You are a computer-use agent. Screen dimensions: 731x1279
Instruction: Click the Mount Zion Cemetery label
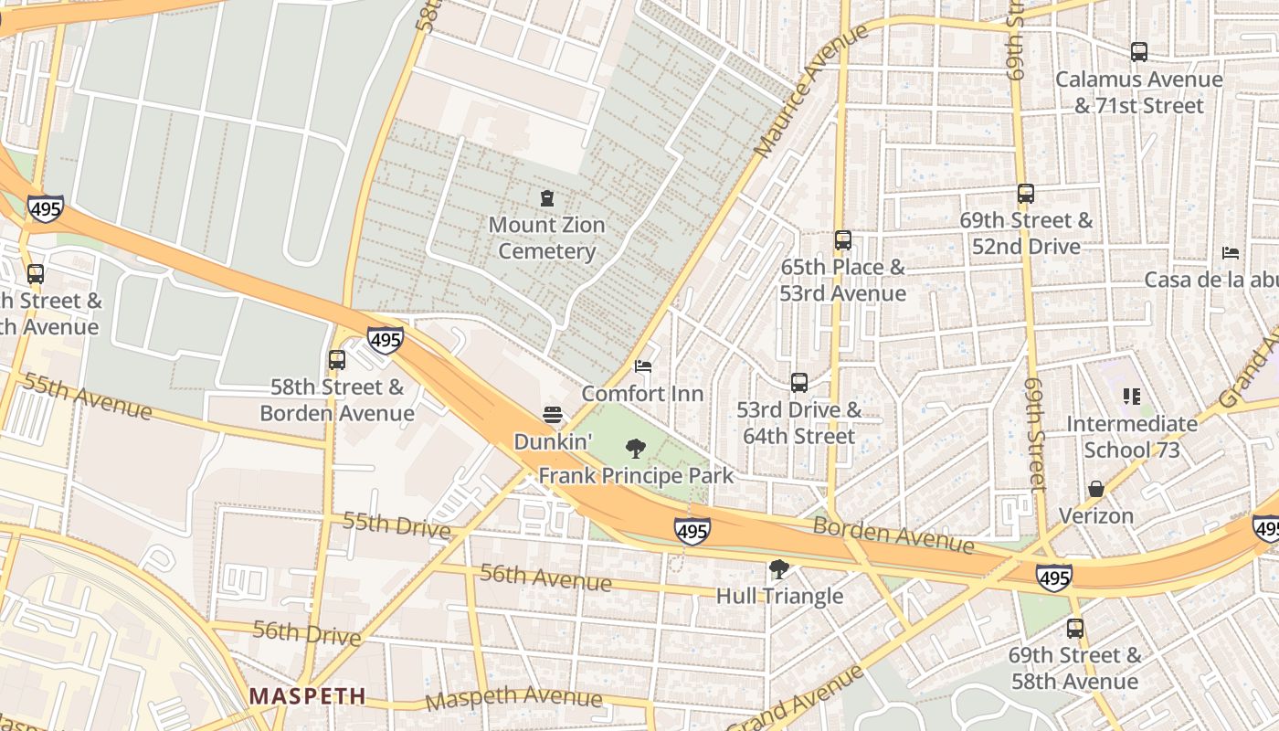(546, 238)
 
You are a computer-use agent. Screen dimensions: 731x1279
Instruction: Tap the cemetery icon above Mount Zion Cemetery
(547, 198)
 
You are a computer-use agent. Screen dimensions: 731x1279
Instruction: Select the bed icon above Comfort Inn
(643, 367)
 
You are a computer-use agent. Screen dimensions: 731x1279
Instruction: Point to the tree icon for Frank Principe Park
(635, 449)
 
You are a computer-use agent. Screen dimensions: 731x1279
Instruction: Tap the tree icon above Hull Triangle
(779, 570)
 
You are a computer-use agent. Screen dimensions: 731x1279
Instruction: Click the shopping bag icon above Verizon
(1095, 490)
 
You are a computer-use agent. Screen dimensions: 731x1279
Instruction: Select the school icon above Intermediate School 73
(1132, 397)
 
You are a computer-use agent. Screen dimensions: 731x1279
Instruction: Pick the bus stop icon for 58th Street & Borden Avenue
(337, 360)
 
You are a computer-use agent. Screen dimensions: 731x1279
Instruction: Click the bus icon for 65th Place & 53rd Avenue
(842, 240)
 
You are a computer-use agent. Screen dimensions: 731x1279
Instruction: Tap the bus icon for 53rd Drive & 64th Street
(799, 383)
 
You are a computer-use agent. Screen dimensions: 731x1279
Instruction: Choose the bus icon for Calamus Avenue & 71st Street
(1138, 52)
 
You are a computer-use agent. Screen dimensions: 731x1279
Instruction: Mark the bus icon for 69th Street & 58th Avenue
(1075, 629)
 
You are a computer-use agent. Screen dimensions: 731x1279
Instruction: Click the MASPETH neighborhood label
(307, 696)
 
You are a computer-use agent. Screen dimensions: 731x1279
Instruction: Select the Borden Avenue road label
(893, 535)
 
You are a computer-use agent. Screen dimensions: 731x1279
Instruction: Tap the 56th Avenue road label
(545, 577)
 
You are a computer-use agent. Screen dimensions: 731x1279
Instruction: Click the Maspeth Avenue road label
(513, 698)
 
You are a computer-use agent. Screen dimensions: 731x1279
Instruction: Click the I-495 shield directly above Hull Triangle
(692, 531)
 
